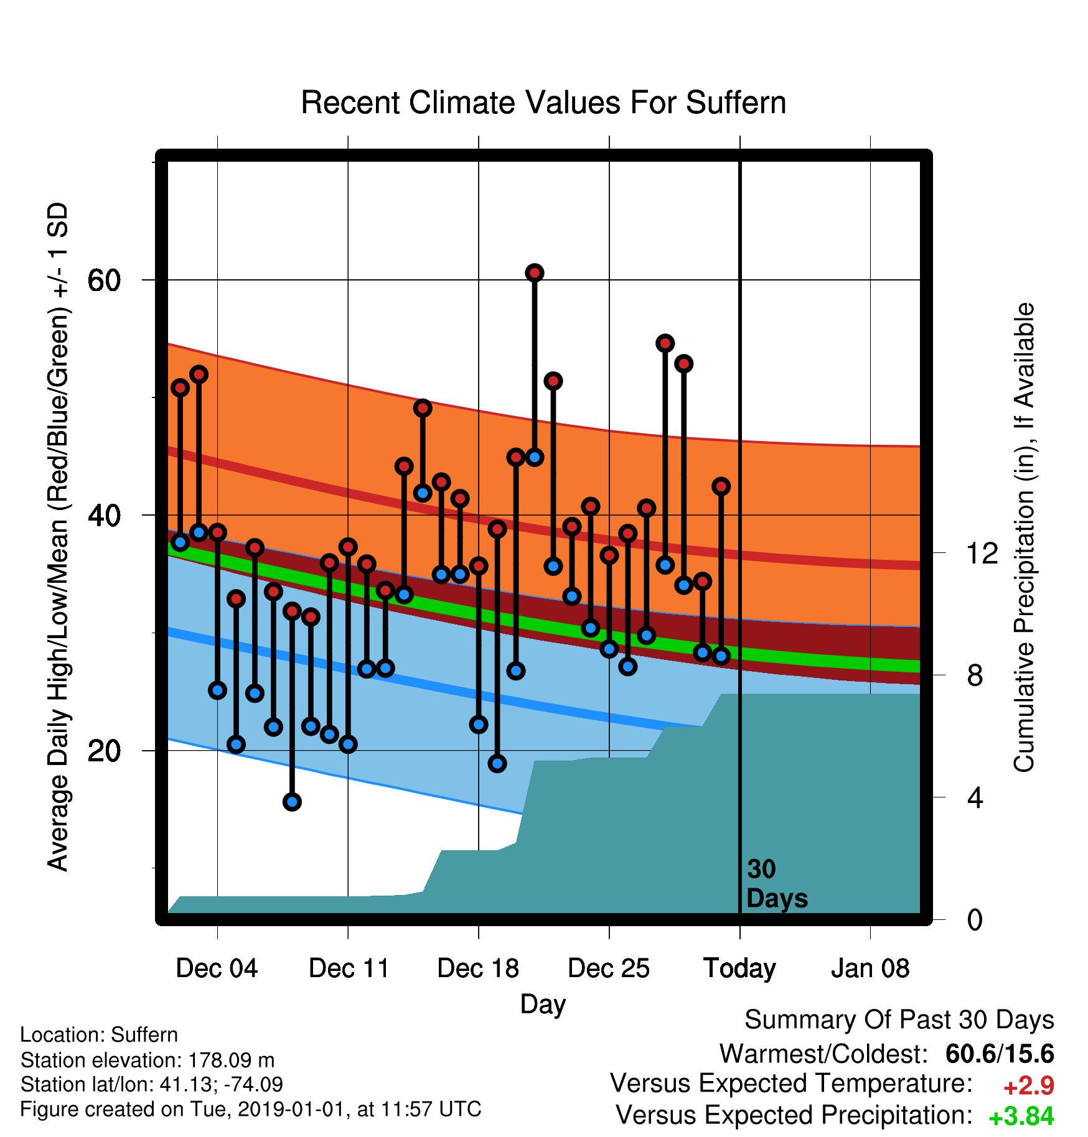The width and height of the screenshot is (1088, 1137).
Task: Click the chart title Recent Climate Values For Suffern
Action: [543, 103]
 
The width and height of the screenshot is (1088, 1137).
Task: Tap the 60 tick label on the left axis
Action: [104, 281]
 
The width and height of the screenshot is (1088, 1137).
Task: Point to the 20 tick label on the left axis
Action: [104, 751]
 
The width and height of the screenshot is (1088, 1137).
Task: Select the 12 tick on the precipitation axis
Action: [982, 553]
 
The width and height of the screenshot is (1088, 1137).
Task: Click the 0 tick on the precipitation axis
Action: [975, 919]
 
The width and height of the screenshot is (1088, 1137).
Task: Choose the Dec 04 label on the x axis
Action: [217, 968]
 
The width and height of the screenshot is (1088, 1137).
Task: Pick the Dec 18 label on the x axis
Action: [478, 968]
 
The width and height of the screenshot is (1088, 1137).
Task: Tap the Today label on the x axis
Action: [739, 969]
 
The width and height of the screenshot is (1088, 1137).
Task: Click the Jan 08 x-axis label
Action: [870, 968]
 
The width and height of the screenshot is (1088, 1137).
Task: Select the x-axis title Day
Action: [543, 1005]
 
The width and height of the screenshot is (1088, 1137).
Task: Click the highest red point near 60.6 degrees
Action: [535, 272]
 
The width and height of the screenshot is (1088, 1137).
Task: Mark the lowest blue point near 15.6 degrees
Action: [292, 802]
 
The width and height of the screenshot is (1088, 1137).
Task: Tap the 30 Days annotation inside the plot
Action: [777, 883]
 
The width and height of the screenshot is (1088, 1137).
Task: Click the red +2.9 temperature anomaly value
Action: [1028, 1086]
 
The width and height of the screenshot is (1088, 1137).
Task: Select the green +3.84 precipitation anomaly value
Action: [1021, 1116]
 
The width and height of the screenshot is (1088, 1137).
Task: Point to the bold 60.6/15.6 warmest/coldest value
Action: [1000, 1054]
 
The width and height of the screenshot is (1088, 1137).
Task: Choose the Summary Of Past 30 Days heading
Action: [899, 1020]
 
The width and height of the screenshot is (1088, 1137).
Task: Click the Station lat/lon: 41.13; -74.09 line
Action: [152, 1085]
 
